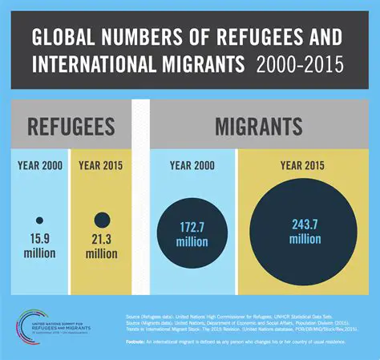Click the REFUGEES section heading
[x=70, y=127]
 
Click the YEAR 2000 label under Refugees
[x=38, y=166]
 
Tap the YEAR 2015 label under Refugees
[x=102, y=166]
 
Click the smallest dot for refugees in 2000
[x=38, y=220]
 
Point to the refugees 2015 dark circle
[x=102, y=220]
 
